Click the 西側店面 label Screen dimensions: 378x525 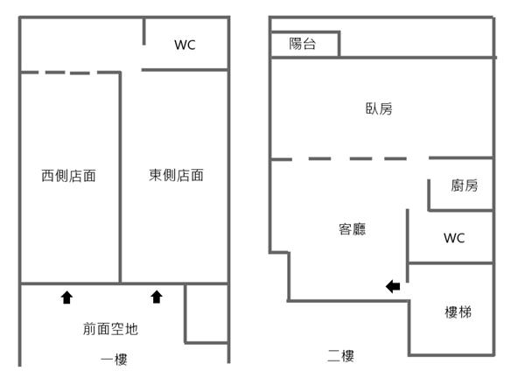[x=68, y=176]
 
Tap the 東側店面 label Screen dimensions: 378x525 [x=176, y=175]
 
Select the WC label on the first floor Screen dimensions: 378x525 [x=185, y=45]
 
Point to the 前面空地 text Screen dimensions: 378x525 [x=110, y=329]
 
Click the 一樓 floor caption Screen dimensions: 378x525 [x=115, y=359]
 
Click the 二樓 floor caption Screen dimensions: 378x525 [x=340, y=356]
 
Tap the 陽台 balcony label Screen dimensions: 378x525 [x=303, y=44]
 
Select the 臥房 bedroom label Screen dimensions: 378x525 [x=379, y=108]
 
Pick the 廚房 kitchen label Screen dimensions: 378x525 [x=464, y=185]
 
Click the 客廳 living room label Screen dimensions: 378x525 [x=352, y=229]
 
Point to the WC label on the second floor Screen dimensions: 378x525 [x=453, y=238]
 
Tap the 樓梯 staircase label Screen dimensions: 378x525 [x=458, y=311]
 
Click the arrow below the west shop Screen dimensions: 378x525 [x=66, y=297]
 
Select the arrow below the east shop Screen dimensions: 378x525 [x=157, y=297]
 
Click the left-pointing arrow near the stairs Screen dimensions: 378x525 [x=394, y=285]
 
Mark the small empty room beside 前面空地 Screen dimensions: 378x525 [x=207, y=312]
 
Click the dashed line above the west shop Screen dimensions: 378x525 [x=70, y=73]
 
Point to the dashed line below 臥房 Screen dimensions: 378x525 [x=350, y=158]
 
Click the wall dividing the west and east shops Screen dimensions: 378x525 [x=121, y=175]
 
